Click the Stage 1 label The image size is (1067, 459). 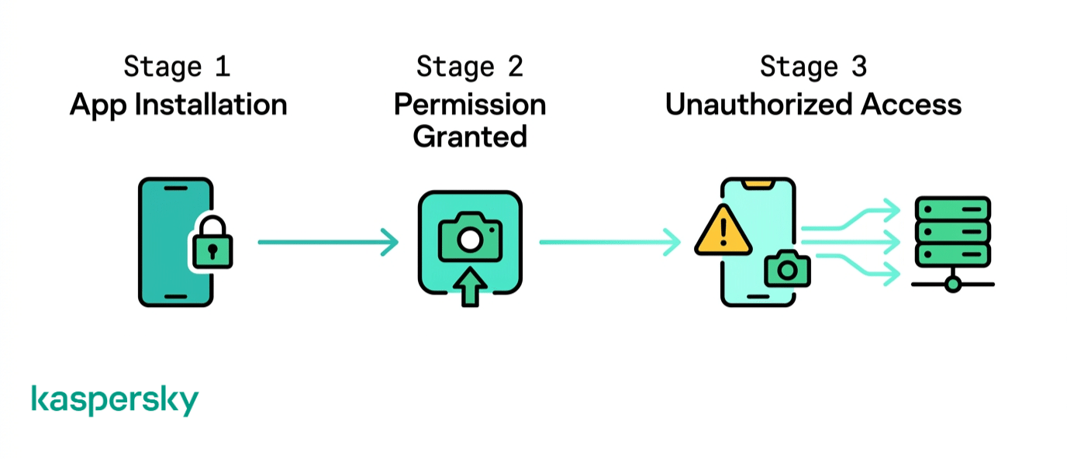click(x=177, y=67)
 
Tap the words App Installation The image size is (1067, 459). click(x=178, y=104)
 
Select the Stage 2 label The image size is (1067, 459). click(x=469, y=67)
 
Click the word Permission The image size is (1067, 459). click(x=469, y=105)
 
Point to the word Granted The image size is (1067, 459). click(x=469, y=136)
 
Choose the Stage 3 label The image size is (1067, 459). click(x=813, y=67)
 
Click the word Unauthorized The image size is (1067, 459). click(x=758, y=104)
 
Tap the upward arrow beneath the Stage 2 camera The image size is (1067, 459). click(x=469, y=288)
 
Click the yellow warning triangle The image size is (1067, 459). click(x=723, y=230)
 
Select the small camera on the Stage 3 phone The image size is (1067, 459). click(x=787, y=269)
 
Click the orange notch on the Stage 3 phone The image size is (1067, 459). click(x=758, y=185)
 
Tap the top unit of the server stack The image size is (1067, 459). click(x=952, y=209)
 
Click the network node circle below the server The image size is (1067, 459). click(x=953, y=285)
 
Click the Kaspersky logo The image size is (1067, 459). click(x=115, y=400)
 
